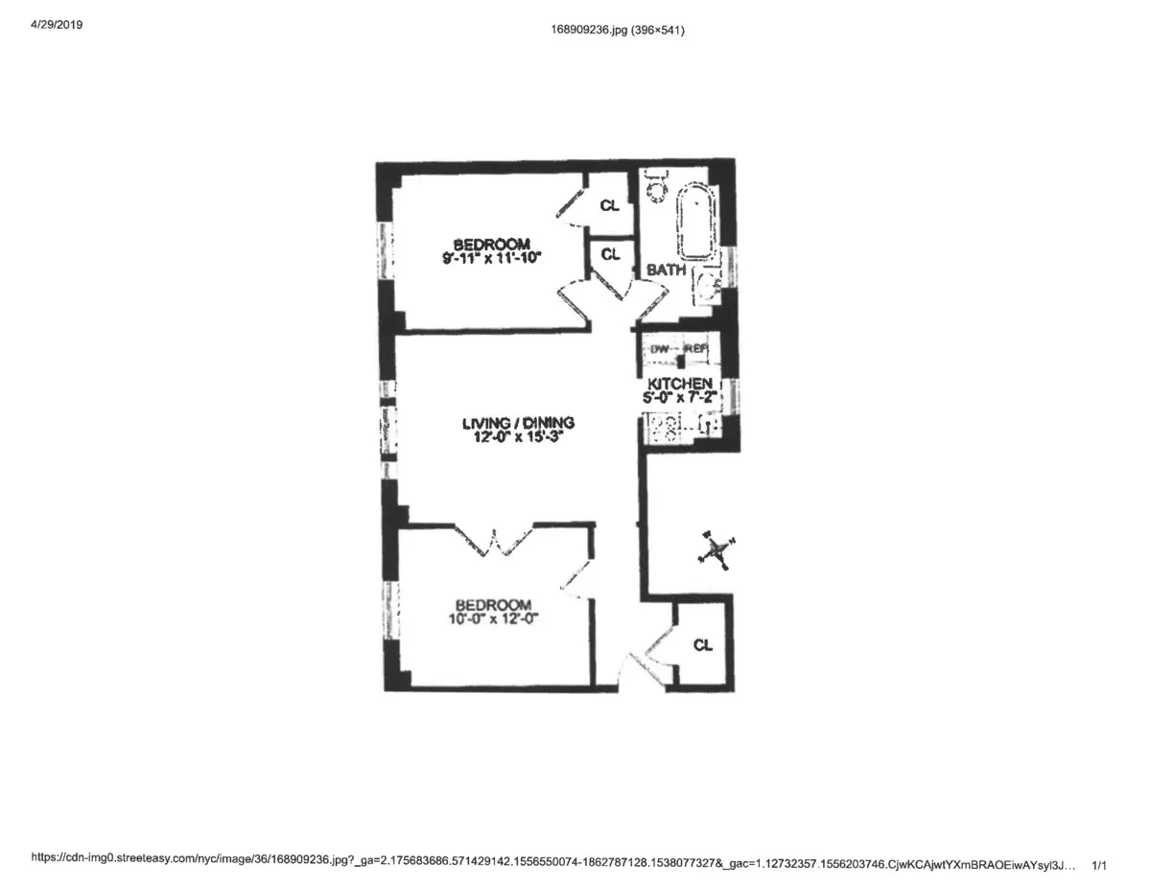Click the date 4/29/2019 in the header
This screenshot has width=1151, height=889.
(57, 26)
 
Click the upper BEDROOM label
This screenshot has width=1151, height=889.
(492, 244)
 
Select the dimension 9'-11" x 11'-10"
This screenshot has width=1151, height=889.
(492, 257)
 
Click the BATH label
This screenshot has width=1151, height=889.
(666, 270)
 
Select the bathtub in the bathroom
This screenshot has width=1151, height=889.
(694, 223)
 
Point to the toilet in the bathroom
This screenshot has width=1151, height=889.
(656, 186)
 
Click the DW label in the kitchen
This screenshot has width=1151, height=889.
(659, 349)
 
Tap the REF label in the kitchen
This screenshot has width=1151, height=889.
(695, 349)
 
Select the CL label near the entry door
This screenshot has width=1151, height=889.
(703, 644)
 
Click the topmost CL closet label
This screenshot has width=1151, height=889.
(610, 205)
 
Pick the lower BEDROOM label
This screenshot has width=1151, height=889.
(493, 605)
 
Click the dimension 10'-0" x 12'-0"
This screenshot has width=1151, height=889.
(493, 620)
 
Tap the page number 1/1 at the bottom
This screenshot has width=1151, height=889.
(1099, 866)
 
